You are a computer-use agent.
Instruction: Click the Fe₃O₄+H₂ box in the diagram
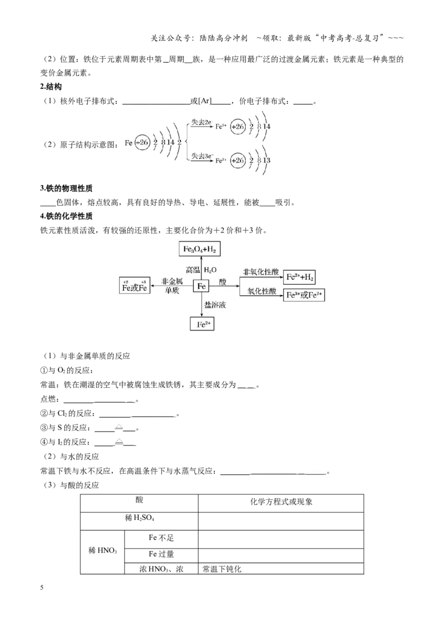200,249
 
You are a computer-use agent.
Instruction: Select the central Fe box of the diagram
201,286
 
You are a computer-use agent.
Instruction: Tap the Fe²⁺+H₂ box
299,277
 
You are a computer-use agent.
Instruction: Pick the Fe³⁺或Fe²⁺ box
304,295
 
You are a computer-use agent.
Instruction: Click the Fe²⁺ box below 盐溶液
202,323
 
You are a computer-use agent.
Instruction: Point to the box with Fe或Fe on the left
135,285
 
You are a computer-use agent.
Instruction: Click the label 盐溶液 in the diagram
215,305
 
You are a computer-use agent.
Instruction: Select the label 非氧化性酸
260,272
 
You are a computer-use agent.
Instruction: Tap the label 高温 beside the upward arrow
193,270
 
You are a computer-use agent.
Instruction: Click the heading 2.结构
51,87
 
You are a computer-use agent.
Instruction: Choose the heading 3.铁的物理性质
67,188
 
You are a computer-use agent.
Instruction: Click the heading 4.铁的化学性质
67,216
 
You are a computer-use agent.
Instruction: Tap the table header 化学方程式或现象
281,502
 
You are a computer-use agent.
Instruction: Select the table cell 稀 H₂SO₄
139,518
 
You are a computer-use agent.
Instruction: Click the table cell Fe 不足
161,538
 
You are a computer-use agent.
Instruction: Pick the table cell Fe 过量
161,554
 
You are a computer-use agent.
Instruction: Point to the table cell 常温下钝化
222,569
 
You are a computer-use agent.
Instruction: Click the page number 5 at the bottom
42,588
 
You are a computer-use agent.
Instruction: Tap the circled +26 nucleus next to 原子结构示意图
142,143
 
